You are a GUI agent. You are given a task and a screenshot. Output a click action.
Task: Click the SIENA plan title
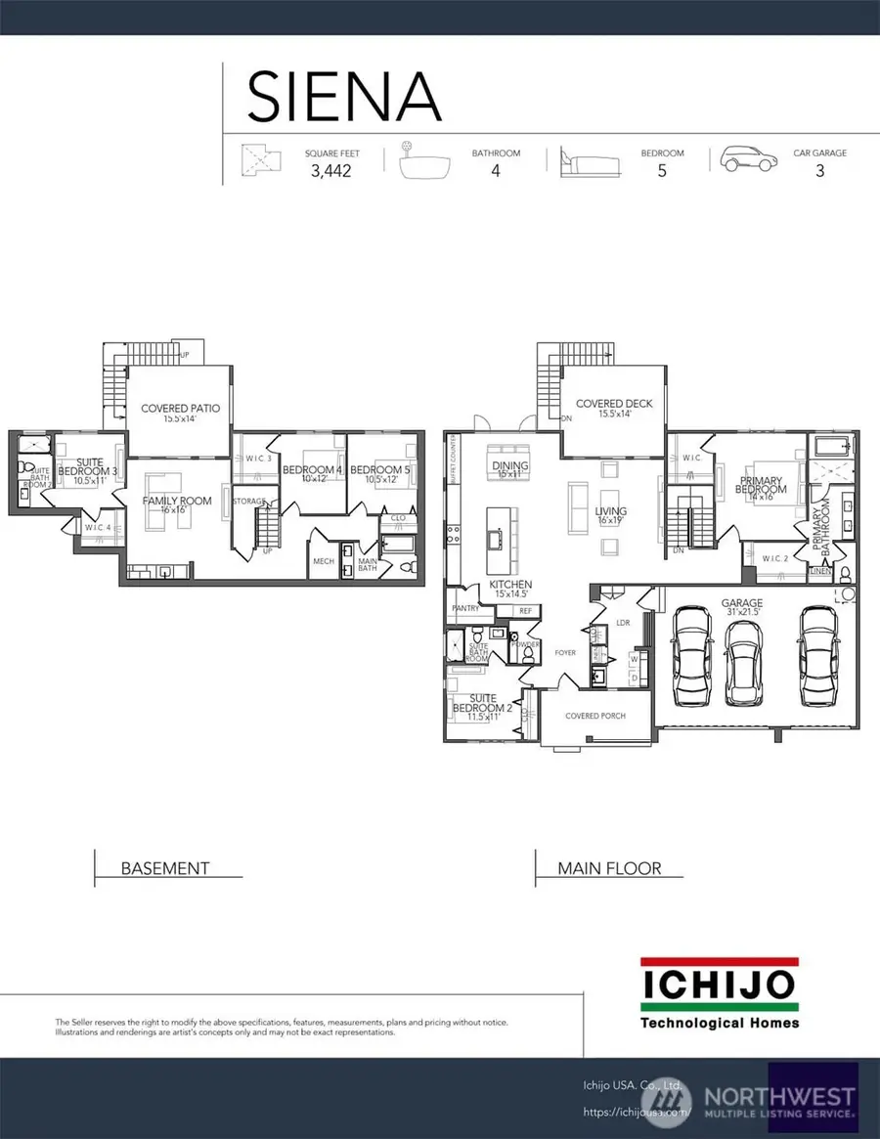pos(344,96)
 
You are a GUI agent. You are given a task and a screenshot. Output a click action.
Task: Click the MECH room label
pos(324,561)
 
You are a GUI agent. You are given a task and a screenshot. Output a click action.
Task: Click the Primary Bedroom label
pos(761,485)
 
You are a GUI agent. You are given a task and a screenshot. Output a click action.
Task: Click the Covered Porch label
pos(594,716)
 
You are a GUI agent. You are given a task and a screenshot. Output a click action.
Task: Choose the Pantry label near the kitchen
pos(464,608)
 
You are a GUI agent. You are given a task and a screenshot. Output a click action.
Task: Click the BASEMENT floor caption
pos(164,867)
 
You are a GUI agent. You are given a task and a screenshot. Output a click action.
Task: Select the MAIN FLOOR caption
pos(609,867)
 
